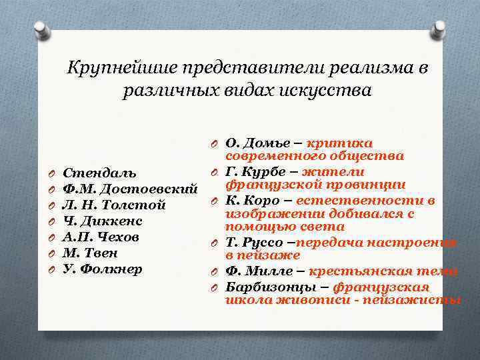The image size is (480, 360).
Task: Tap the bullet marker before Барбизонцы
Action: click(214, 287)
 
